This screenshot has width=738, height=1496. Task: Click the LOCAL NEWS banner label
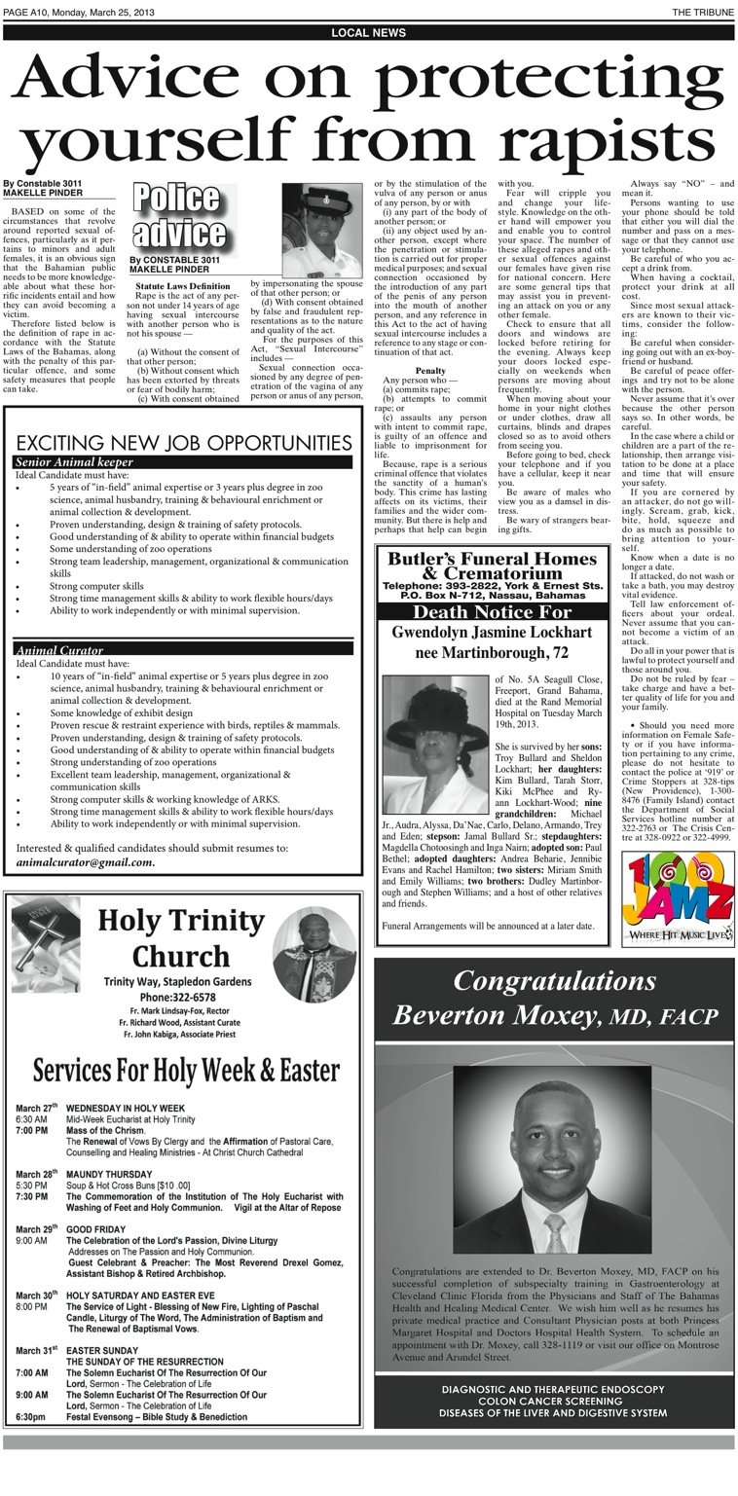tap(368, 32)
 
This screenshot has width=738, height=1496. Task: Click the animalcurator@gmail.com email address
tap(86, 861)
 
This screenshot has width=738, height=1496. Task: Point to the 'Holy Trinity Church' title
tap(181, 937)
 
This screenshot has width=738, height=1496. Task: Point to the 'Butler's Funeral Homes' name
tap(491, 559)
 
